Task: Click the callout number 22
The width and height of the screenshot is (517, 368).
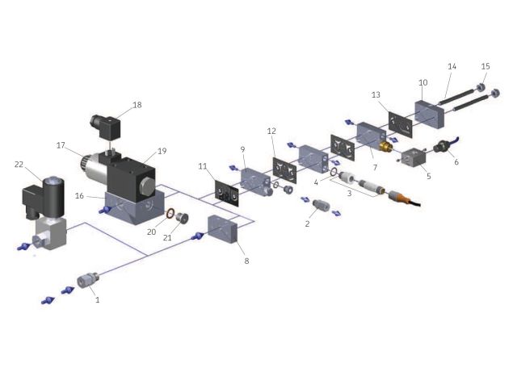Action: pyautogui.click(x=19, y=164)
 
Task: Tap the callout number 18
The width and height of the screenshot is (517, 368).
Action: pyautogui.click(x=137, y=105)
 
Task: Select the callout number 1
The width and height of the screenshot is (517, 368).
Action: pyautogui.click(x=97, y=299)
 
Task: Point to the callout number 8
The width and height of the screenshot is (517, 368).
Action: pyautogui.click(x=246, y=261)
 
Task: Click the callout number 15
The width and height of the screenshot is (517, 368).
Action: pyautogui.click(x=485, y=66)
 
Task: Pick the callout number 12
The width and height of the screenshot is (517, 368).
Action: pyautogui.click(x=271, y=131)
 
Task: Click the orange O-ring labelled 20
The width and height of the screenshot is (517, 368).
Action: pyautogui.click(x=170, y=213)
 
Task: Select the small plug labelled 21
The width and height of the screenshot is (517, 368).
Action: pyautogui.click(x=181, y=218)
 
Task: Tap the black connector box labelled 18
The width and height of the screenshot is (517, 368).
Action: pyautogui.click(x=106, y=127)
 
